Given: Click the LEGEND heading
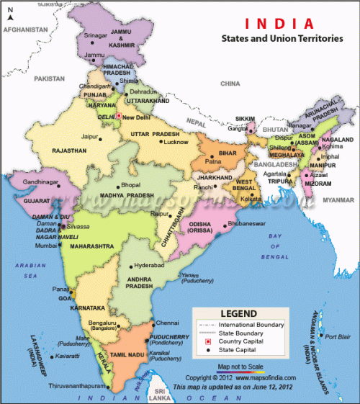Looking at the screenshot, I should [237, 314].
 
